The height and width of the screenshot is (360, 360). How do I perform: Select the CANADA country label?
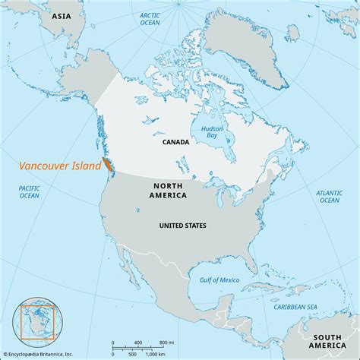(x=175, y=141)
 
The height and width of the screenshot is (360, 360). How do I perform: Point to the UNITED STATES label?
(x=182, y=226)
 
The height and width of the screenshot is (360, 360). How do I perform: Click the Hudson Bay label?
(x=211, y=133)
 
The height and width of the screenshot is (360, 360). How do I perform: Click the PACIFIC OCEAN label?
(x=30, y=191)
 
